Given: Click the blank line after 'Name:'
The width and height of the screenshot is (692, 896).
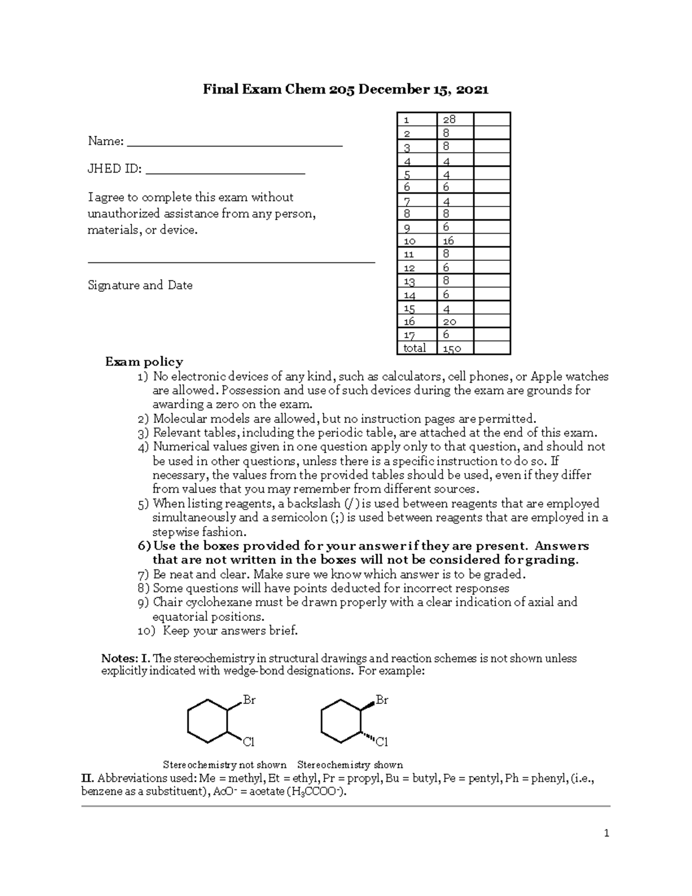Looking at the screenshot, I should (234, 144).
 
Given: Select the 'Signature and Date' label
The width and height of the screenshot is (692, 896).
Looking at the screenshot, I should (140, 285).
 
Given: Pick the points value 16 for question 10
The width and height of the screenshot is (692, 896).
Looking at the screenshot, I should (448, 241).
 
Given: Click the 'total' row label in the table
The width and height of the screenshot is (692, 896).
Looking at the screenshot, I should (414, 348).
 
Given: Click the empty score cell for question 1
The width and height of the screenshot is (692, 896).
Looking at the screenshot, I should (491, 119).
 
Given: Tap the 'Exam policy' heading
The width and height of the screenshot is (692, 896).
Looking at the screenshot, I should (144, 362).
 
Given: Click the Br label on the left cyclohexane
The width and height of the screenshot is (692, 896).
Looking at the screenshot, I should (249, 700).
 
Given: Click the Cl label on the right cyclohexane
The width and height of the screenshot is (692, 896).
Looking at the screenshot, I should (382, 741).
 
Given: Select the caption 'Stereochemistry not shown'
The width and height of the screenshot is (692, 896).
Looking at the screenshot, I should (224, 765).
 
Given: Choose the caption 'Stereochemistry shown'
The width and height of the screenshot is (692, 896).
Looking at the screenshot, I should (349, 765).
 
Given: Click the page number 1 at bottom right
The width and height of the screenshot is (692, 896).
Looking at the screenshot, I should (606, 833).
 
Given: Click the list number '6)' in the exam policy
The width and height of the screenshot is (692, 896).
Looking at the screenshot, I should (144, 546).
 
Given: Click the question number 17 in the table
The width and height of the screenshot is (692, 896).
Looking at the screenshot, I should (409, 335).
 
